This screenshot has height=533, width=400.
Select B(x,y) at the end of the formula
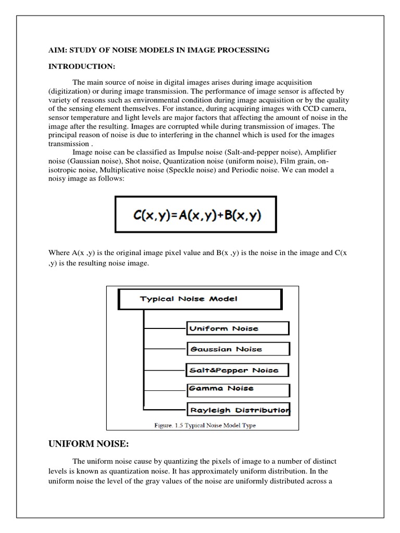[x=236, y=215]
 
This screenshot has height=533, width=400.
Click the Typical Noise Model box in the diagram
[x=200, y=299]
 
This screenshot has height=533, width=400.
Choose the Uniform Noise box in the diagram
[x=237, y=328]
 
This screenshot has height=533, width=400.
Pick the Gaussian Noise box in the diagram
[x=238, y=349]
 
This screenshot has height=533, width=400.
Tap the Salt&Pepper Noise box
[x=237, y=370]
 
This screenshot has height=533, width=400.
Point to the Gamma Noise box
[x=236, y=389]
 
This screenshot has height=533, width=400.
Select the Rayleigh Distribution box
[x=238, y=410]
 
